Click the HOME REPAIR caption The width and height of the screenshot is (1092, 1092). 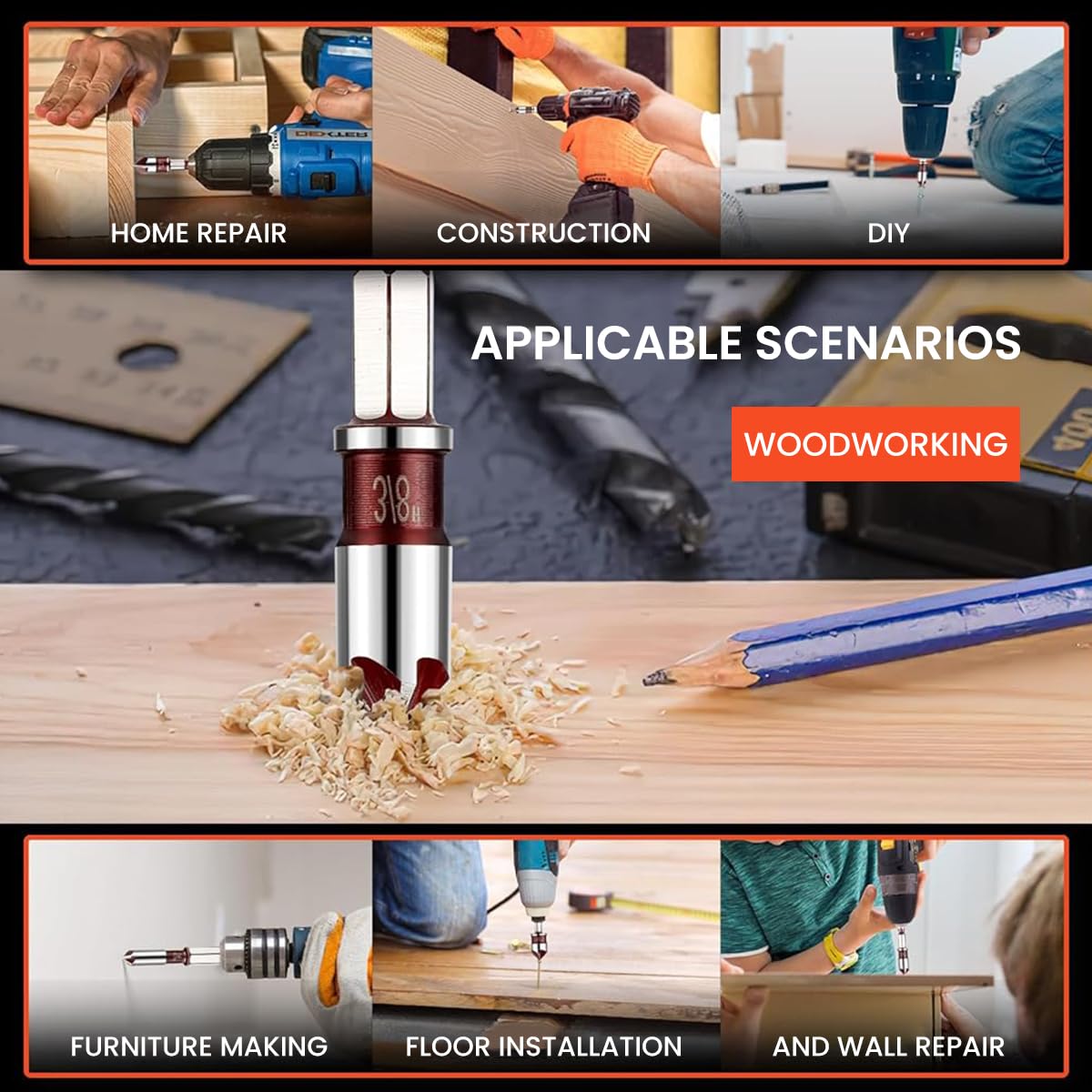click(198, 233)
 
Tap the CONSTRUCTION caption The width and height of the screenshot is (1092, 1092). click(543, 233)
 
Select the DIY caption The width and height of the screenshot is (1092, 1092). click(887, 233)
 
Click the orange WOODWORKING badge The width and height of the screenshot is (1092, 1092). click(875, 444)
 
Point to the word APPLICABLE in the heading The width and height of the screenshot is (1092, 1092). click(606, 343)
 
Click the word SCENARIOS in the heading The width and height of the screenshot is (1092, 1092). click(887, 343)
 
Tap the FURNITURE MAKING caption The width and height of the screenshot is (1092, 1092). click(198, 1046)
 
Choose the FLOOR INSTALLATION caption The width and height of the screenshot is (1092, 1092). click(543, 1046)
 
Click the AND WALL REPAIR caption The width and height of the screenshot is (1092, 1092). click(888, 1046)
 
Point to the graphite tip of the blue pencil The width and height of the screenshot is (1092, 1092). click(653, 678)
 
